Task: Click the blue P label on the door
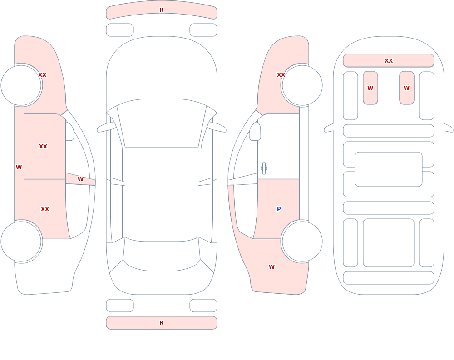(x=279, y=209)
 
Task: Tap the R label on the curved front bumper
(x=161, y=10)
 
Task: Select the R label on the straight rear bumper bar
(x=161, y=322)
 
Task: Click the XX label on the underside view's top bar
(x=388, y=60)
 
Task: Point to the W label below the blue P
(x=271, y=267)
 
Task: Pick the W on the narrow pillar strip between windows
(x=80, y=179)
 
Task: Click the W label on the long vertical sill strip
(x=19, y=167)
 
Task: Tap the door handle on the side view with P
(x=264, y=168)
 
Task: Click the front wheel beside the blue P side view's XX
(x=302, y=85)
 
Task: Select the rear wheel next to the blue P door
(x=302, y=241)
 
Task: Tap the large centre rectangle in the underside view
(x=388, y=169)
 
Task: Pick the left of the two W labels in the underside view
(x=370, y=88)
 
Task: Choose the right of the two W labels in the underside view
(x=406, y=88)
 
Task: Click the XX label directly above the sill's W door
(x=43, y=146)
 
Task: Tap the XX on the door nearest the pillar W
(x=45, y=209)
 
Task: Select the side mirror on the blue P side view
(x=255, y=132)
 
